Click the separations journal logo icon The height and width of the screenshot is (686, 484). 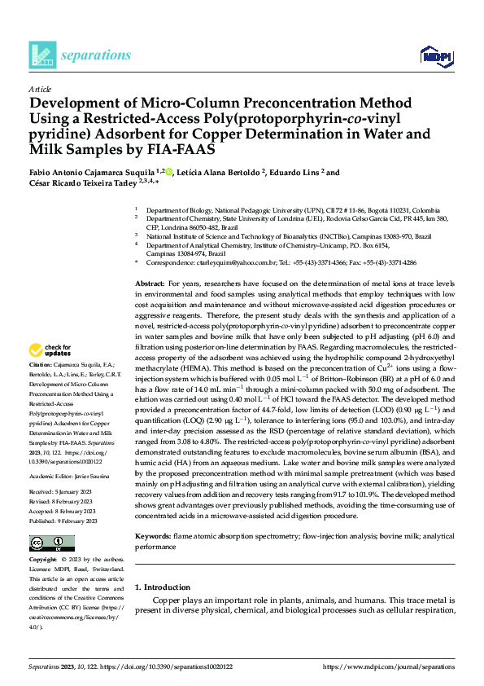click(x=41, y=55)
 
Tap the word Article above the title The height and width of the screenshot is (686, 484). click(x=40, y=88)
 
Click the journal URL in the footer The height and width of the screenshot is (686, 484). click(x=389, y=666)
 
